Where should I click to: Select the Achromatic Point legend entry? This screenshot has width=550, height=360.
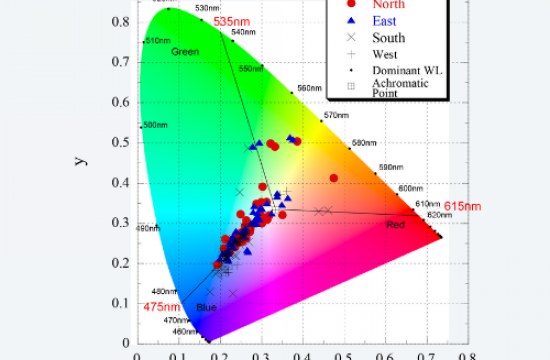pos(407,88)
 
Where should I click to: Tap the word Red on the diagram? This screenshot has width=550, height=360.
pos(396,224)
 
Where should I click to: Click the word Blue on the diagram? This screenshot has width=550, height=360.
pos(206,307)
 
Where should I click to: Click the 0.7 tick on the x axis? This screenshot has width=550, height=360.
pos(425,353)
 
